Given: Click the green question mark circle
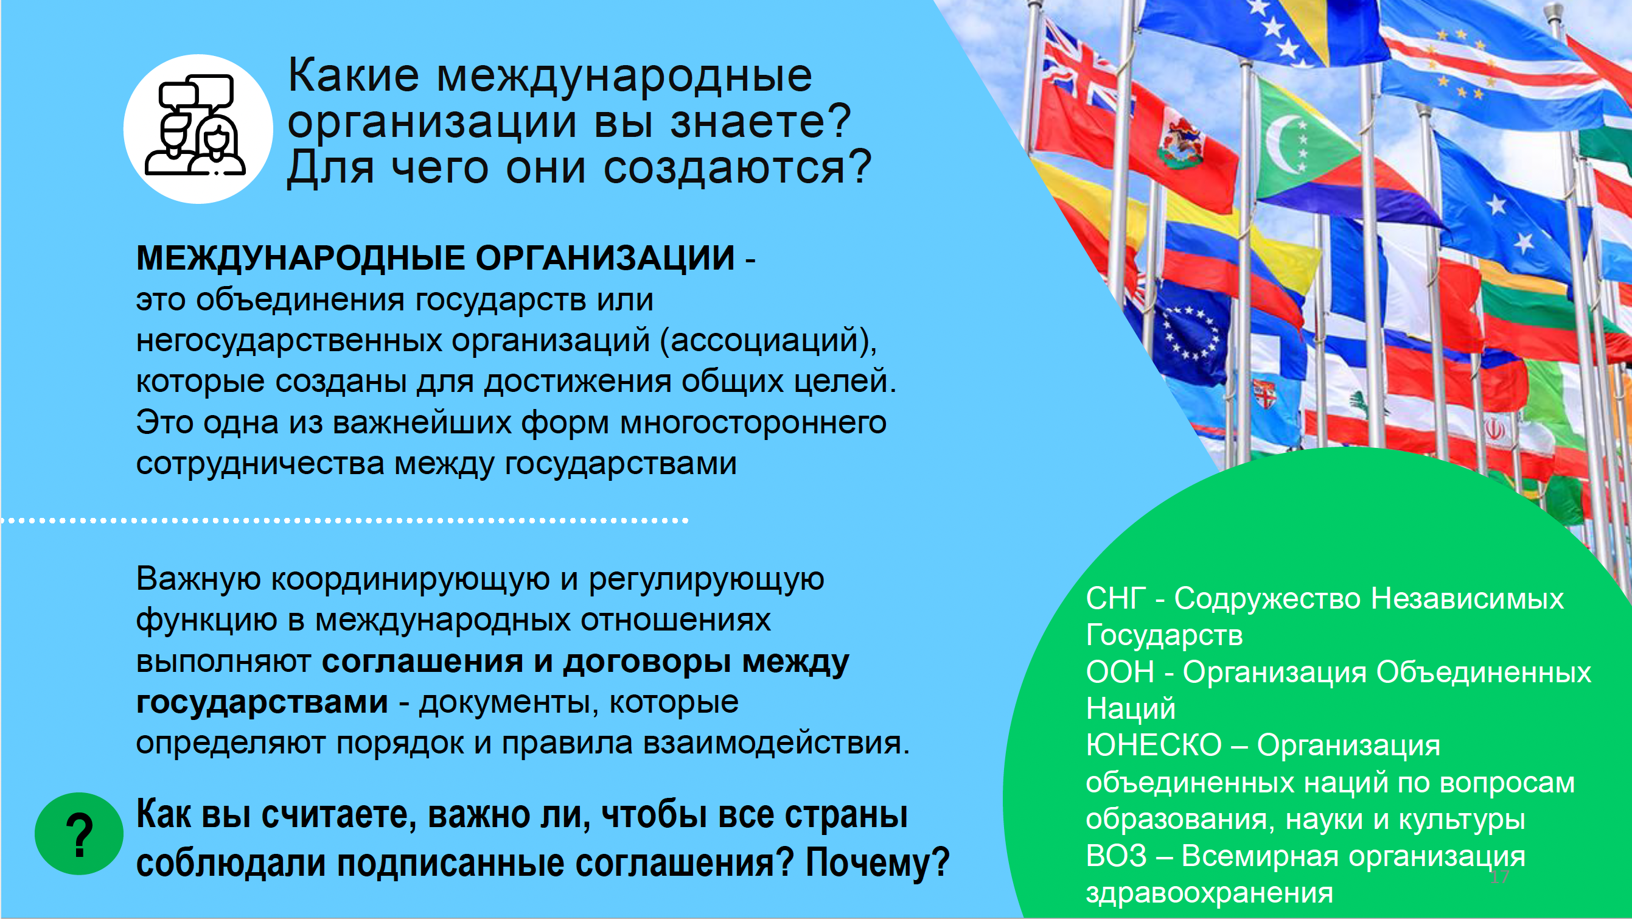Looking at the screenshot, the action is click(x=79, y=834).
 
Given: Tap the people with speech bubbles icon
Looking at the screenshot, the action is click(x=195, y=125).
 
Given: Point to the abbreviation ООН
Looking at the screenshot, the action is click(x=1121, y=672).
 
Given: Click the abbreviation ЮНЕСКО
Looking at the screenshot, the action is click(x=1154, y=746).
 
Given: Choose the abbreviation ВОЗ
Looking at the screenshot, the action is click(x=1117, y=856).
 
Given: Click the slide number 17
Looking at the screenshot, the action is click(x=1499, y=877).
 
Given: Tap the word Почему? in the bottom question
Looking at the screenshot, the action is click(x=877, y=862).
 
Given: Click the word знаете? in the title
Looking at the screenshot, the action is click(x=761, y=121).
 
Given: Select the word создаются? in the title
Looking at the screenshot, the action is click(x=738, y=168).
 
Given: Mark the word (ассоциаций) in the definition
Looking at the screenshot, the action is click(x=769, y=341).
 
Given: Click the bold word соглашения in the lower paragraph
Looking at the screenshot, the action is click(x=422, y=661).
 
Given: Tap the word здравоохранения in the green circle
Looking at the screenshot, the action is click(x=1210, y=893).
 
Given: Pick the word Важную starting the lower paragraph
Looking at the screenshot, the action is click(x=198, y=579).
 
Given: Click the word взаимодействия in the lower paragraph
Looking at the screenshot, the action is click(x=776, y=743).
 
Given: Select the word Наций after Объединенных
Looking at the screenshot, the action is click(x=1131, y=708).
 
